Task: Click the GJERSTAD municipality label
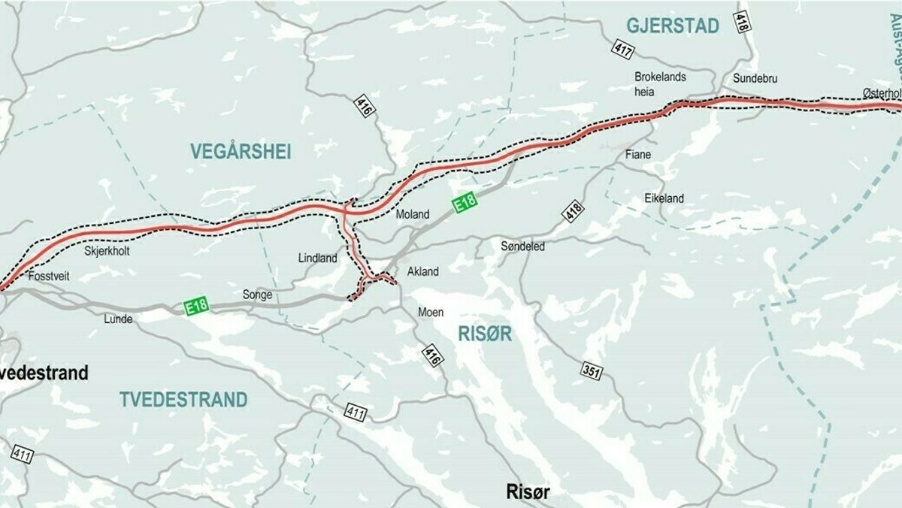click(673, 26)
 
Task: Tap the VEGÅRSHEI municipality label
click(241, 151)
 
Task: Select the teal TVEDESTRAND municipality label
click(183, 399)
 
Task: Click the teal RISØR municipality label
click(485, 334)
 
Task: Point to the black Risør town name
click(527, 492)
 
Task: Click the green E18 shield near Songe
click(196, 305)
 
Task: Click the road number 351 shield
click(591, 370)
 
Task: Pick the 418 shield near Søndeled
click(572, 210)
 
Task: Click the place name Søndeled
click(522, 246)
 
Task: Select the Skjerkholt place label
click(107, 251)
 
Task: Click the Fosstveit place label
click(48, 277)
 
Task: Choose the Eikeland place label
click(664, 198)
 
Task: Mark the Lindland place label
click(318, 258)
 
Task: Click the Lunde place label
click(118, 319)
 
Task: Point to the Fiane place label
click(638, 155)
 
